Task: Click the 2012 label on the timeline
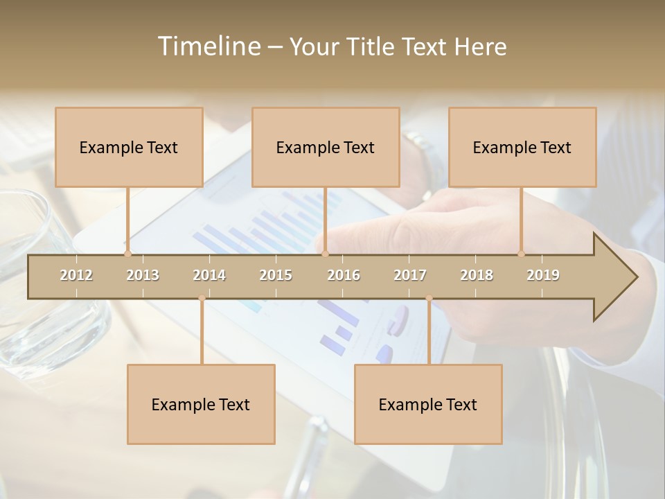[76, 275]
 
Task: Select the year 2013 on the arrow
[143, 275]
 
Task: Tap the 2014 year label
[209, 275]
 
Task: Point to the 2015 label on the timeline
[276, 275]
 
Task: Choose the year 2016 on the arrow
[344, 275]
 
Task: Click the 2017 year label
[410, 275]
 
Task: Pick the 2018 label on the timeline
[477, 275]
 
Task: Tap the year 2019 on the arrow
[543, 275]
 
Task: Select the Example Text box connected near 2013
[129, 148]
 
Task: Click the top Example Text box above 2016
[326, 148]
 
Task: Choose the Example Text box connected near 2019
[522, 148]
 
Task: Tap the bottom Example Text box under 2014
[201, 405]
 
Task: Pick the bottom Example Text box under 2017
[428, 405]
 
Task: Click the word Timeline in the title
[207, 46]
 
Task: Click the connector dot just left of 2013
[127, 254]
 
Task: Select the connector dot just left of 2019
[521, 254]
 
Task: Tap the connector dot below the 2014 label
[202, 299]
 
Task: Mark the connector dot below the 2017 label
[429, 299]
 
